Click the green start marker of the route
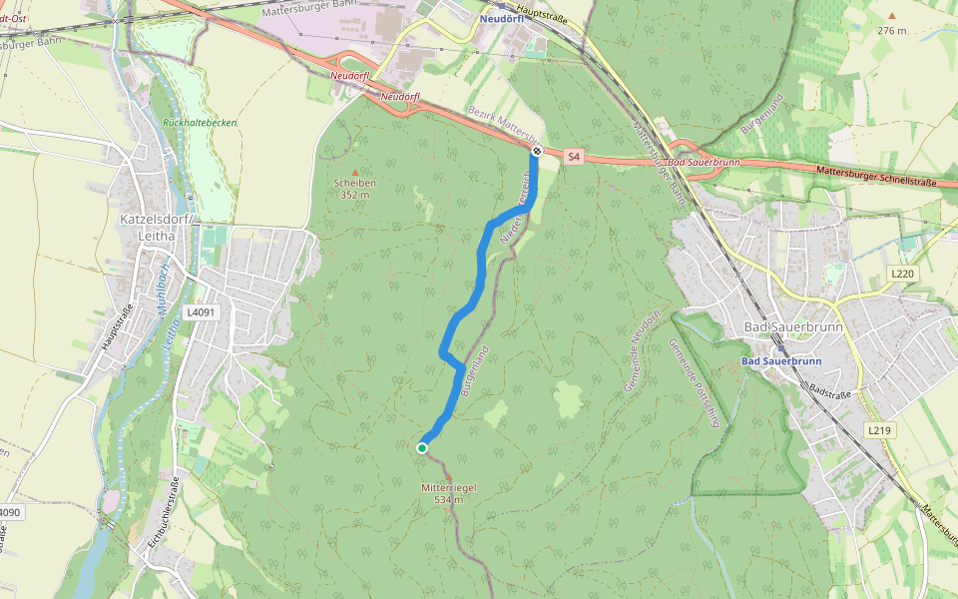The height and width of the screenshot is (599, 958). click(422, 448)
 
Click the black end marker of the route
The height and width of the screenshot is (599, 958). click(537, 151)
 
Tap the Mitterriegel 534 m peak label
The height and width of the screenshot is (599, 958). click(448, 492)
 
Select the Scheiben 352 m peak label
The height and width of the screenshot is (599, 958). click(354, 189)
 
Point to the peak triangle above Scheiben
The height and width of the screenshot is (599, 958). click(354, 173)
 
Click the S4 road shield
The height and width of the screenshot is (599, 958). click(573, 157)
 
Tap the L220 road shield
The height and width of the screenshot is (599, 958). click(902, 273)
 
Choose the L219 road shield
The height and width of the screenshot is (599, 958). click(878, 430)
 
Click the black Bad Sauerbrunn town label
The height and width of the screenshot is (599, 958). click(793, 327)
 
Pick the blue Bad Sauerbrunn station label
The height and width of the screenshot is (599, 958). click(781, 361)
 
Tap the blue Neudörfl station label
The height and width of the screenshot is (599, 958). click(501, 19)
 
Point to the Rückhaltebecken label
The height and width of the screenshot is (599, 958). click(200, 122)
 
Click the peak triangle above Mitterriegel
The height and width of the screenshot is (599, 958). click(448, 476)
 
